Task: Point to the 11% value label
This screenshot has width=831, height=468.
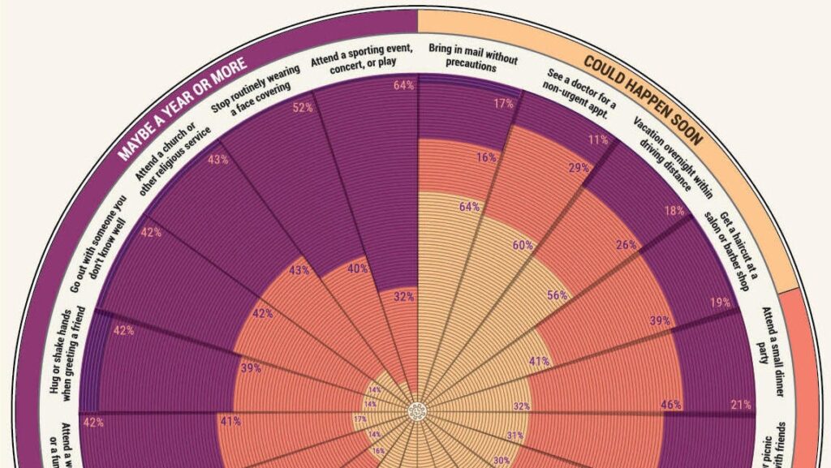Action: click(599, 140)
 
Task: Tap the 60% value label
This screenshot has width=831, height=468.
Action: click(523, 245)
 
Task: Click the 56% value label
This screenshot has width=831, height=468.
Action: click(557, 295)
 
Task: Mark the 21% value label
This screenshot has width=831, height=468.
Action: click(741, 405)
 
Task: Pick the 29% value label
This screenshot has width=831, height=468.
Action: click(579, 167)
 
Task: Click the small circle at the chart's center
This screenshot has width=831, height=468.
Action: click(417, 411)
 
